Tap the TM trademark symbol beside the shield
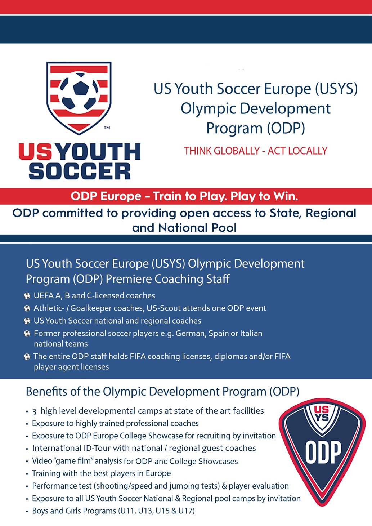click(x=107, y=128)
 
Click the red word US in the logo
click(x=36, y=152)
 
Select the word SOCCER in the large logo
click(x=80, y=171)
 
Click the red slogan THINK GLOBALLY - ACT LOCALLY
click(x=256, y=151)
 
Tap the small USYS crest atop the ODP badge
click(x=322, y=414)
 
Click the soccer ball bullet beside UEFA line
click(x=27, y=296)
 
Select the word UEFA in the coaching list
click(x=44, y=295)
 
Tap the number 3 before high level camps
click(x=34, y=411)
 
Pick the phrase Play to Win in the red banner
click(x=264, y=196)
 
